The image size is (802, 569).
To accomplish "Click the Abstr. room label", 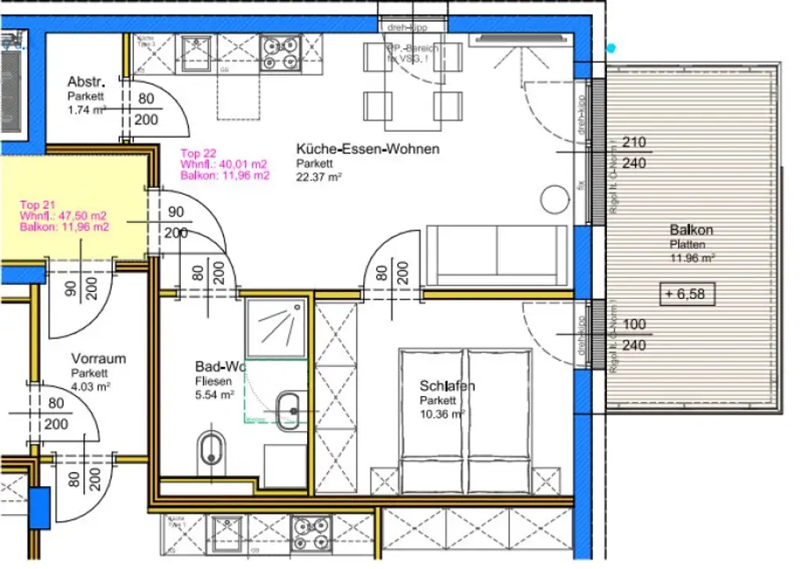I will [86, 82].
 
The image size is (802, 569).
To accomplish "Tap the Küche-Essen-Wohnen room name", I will [367, 149].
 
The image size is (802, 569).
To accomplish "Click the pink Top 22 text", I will [198, 153].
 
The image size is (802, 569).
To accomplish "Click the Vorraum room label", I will [98, 359].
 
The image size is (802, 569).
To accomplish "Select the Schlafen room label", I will [447, 387].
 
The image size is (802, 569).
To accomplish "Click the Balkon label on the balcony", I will [691, 230].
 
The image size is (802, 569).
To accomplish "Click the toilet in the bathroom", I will [209, 449].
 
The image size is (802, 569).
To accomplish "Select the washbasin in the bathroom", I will [288, 408].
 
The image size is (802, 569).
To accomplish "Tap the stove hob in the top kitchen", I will [280, 54].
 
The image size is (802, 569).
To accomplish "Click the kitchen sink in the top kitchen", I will [193, 54].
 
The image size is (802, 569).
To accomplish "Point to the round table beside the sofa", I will [555, 199].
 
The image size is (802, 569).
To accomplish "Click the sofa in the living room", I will [497, 255].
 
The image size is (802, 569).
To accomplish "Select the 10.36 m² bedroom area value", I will [441, 414].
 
